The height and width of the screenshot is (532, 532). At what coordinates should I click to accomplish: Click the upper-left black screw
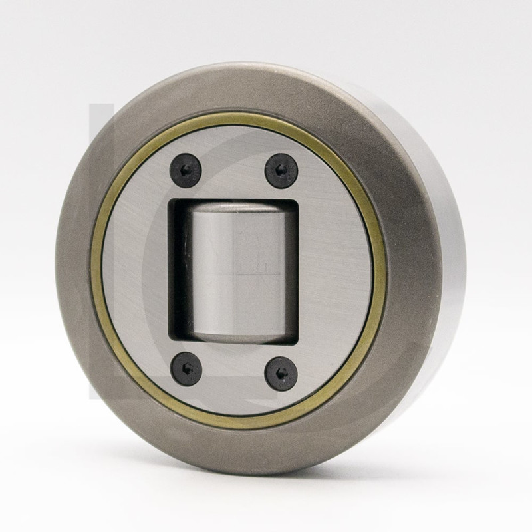186,170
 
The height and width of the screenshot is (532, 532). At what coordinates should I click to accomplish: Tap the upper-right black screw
281,170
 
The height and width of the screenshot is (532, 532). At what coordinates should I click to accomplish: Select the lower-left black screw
186,368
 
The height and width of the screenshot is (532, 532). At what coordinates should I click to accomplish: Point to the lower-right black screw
281,374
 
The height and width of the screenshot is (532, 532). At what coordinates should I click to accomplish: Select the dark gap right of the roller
291,273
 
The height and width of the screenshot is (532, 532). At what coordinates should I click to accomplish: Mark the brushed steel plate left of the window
136,273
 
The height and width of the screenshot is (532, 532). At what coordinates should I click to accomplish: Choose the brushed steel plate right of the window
332,273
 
